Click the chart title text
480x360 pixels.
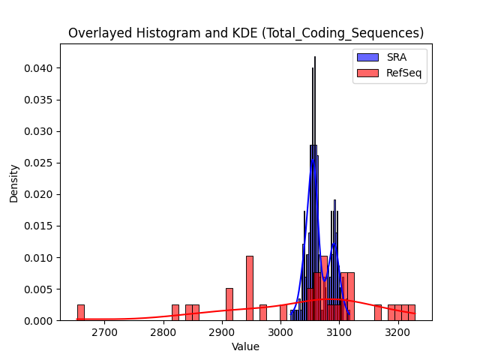pyautogui.click(x=246, y=33)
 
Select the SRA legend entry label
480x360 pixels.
pyautogui.click(x=397, y=57)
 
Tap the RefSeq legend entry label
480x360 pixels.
pyautogui.click(x=403, y=73)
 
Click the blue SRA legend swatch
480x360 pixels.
pyautogui.click(x=367, y=57)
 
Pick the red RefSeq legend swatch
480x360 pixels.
pyautogui.click(x=367, y=73)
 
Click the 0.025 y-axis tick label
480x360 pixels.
pyautogui.click(x=38, y=163)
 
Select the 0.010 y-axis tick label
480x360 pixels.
pyautogui.click(x=38, y=258)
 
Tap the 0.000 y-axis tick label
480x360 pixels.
pyautogui.click(x=38, y=321)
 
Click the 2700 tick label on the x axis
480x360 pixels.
pyautogui.click(x=105, y=332)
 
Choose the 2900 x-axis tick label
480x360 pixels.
pyautogui.click(x=222, y=332)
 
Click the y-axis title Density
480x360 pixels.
pyautogui.click(x=13, y=184)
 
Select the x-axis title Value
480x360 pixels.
pyautogui.click(x=245, y=346)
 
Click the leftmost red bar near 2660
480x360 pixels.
pyautogui.click(x=81, y=313)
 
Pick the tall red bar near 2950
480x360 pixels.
pyautogui.click(x=250, y=288)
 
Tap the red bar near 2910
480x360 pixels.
pyautogui.click(x=229, y=304)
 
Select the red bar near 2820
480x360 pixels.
pyautogui.click(x=175, y=313)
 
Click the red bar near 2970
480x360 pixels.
pyautogui.click(x=263, y=313)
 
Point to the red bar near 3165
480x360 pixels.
pyautogui.click(x=378, y=313)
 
